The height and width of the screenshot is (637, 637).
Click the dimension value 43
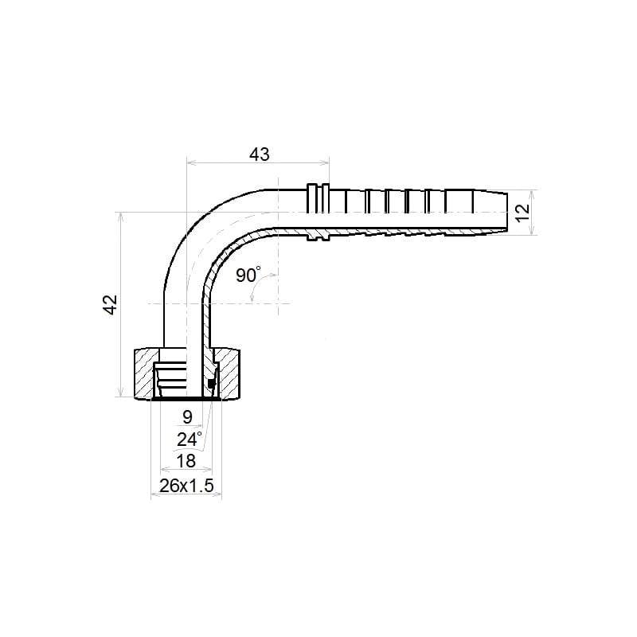coord(260,154)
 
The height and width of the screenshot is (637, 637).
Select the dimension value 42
coord(110,304)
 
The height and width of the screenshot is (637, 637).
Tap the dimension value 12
coord(523,212)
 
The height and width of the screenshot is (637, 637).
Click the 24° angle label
coord(190,440)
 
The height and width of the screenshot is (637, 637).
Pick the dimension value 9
coord(187,416)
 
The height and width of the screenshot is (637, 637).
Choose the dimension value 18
coord(186,461)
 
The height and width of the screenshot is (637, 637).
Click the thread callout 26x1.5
coord(186,486)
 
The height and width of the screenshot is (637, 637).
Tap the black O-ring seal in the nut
coord(210,383)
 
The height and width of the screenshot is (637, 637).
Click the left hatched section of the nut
coord(145,373)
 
